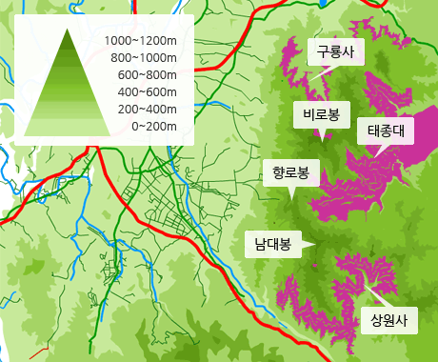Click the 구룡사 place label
[x=335, y=52]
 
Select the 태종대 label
[x=387, y=131]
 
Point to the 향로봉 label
[x=290, y=172]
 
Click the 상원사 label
[x=388, y=319]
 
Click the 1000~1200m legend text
[x=141, y=41]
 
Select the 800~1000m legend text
[x=144, y=58]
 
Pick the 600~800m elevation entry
[x=147, y=75]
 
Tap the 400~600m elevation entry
[x=147, y=92]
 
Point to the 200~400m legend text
[x=147, y=110]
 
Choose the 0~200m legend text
[x=153, y=127]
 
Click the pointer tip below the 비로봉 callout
[x=319, y=136]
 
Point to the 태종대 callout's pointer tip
[x=376, y=152]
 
